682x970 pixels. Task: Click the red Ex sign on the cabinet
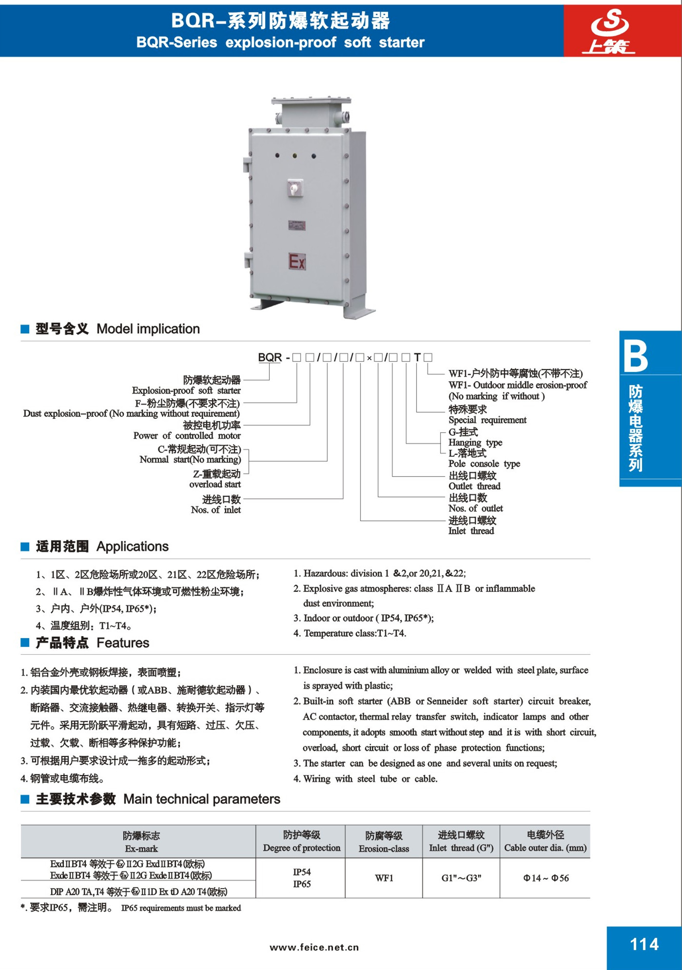click(297, 262)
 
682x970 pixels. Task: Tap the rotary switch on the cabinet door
click(294, 188)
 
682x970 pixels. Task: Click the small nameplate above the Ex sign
click(296, 226)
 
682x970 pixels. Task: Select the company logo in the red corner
click(609, 31)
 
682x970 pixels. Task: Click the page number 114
click(644, 945)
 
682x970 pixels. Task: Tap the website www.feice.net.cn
click(314, 947)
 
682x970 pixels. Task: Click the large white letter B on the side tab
click(636, 356)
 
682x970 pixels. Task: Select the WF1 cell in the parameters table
click(384, 878)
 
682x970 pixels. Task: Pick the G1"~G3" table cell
click(461, 878)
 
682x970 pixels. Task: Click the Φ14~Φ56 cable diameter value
click(546, 878)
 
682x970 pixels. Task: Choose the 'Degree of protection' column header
click(301, 848)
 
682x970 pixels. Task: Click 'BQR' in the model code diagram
click(270, 357)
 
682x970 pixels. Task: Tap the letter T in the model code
click(417, 357)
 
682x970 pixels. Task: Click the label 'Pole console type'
click(484, 464)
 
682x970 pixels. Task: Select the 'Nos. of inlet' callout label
click(215, 510)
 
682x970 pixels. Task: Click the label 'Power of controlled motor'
click(187, 436)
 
